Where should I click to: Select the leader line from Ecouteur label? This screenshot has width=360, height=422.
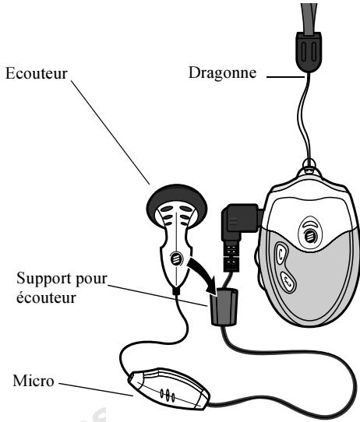[x=117, y=132]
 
